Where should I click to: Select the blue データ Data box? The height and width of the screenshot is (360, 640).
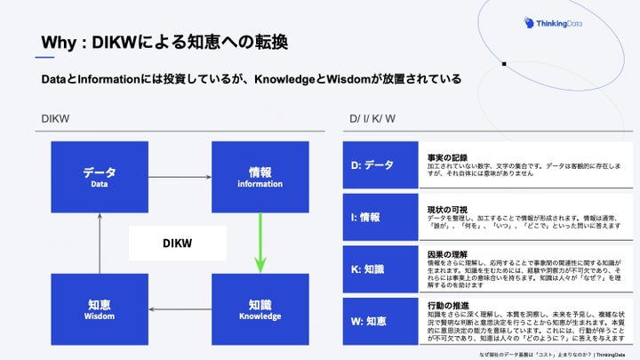(x=99, y=177)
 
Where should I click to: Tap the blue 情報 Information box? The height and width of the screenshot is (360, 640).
(x=259, y=177)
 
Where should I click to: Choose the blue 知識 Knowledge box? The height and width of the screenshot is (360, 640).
(x=259, y=308)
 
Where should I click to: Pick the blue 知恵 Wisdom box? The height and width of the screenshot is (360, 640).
(x=99, y=308)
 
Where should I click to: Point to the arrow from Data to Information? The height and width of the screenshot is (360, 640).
(x=179, y=177)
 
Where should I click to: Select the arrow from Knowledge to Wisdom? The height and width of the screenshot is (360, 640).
(x=179, y=309)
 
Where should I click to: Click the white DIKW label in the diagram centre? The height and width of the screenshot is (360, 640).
(x=178, y=243)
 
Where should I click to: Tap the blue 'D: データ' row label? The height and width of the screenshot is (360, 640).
(x=380, y=165)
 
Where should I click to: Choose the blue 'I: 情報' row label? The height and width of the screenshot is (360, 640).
(x=380, y=217)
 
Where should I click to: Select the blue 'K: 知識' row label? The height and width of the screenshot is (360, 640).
(x=380, y=268)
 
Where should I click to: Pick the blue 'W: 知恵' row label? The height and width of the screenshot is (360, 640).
(x=380, y=321)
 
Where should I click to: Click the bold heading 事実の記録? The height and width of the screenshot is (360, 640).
(x=447, y=157)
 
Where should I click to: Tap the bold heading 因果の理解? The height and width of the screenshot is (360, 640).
(x=447, y=254)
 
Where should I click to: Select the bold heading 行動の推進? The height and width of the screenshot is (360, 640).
(x=447, y=306)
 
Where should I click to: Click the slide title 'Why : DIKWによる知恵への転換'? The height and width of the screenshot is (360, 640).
(x=167, y=43)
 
